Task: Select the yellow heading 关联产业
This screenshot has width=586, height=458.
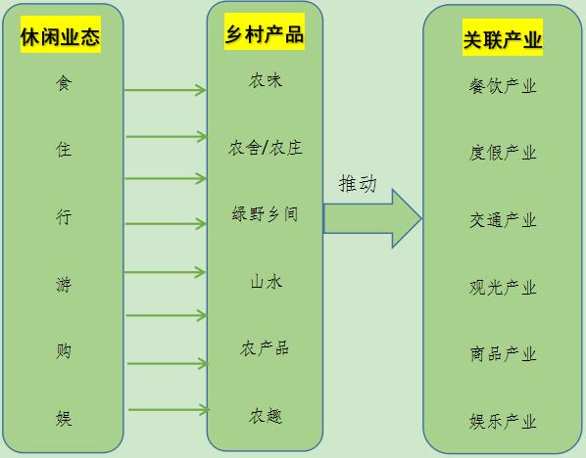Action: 503,37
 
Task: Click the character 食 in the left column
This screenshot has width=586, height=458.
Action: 64,83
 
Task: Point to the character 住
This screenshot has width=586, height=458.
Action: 64,150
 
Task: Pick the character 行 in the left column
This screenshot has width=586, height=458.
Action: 64,217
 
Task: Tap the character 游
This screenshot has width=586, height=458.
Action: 64,285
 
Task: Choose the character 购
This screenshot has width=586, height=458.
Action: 64,351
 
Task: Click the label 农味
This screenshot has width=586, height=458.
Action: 266,80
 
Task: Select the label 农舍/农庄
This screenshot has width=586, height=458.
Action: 266,148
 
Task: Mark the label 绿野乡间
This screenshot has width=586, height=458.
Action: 265,214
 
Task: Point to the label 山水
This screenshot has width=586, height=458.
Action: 267,282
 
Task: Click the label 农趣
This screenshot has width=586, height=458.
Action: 266,416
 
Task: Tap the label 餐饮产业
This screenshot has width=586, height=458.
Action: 503,86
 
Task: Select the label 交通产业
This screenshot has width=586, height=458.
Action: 503,220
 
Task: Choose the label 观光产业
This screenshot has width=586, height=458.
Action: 503,288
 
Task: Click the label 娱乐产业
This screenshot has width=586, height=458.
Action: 503,422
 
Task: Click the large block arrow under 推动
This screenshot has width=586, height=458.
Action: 372,219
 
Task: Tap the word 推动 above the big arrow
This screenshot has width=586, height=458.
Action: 358,184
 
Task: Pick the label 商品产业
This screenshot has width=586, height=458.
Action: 503,354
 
